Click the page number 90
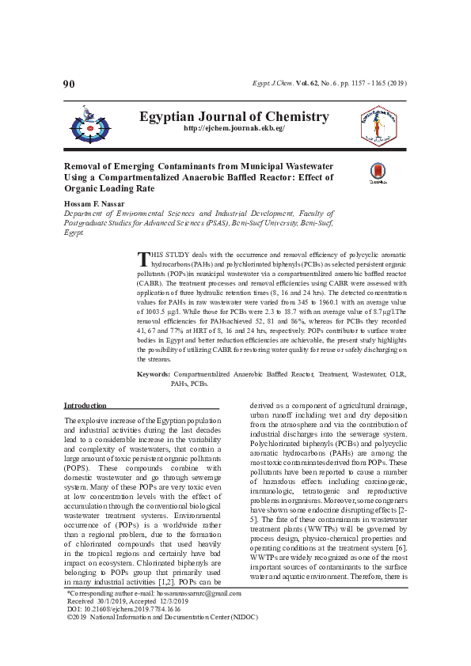68,83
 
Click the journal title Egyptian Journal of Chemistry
234,116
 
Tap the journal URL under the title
234,128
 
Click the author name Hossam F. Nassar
97,203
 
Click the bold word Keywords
154,373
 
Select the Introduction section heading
85,405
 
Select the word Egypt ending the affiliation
73,234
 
